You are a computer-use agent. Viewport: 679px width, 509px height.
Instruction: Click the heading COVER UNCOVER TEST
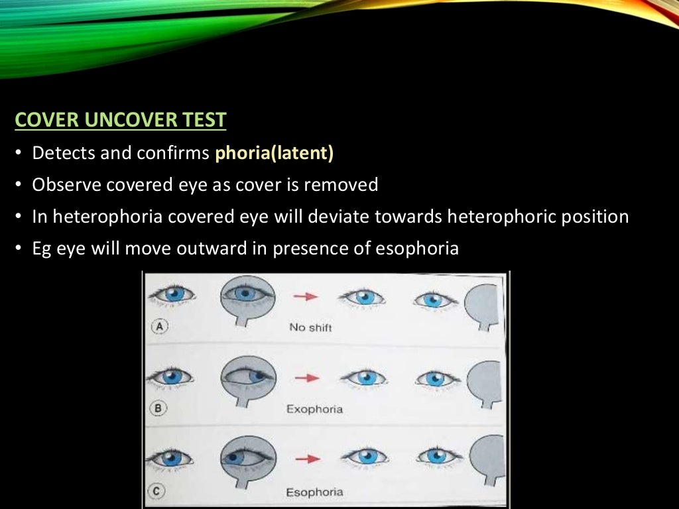point(120,121)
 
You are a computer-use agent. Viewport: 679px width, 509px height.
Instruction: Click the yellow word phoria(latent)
point(274,153)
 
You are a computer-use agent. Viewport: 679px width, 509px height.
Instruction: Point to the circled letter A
point(158,325)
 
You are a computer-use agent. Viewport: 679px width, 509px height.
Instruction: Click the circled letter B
point(158,408)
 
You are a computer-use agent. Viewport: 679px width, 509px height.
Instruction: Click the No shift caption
point(310,327)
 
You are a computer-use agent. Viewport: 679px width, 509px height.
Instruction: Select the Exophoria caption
point(314,409)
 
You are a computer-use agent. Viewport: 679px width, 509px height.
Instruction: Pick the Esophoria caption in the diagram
point(314,492)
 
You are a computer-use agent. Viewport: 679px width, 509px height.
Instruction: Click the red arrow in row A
point(306,296)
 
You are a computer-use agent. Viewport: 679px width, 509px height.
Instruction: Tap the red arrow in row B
point(306,377)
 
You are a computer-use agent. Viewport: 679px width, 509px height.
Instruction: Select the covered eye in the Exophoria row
point(245,375)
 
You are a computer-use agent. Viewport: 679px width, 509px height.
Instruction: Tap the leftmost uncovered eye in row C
point(170,457)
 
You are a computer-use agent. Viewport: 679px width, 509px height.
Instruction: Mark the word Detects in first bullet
point(62,153)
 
